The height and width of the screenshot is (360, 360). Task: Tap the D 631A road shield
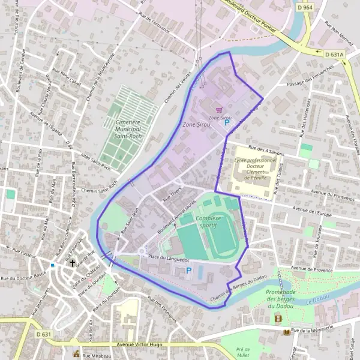pos(335,54)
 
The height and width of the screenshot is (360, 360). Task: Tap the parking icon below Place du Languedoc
pos(189,271)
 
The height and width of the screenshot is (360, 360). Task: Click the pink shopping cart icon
pos(219,110)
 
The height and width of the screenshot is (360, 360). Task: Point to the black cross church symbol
pos(73,263)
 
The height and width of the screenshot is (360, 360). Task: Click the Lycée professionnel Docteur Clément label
pos(256,169)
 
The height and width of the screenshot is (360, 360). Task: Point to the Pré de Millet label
pos(242,352)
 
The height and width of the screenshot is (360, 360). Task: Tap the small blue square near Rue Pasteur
pos(53,265)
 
